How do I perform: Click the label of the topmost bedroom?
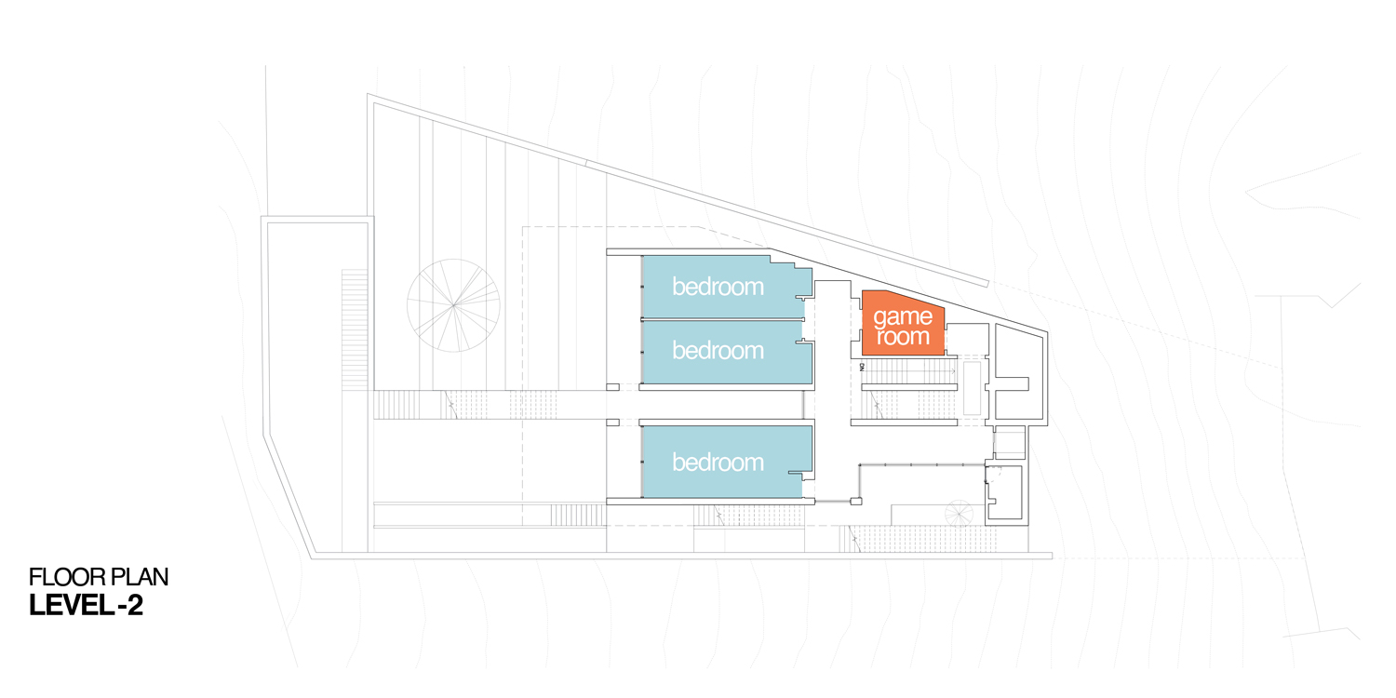click(718, 287)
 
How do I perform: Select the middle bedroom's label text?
click(718, 351)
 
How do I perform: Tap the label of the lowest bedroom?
click(718, 463)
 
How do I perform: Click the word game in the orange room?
click(903, 317)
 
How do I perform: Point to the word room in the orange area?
click(903, 337)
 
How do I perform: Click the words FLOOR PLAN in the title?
click(99, 577)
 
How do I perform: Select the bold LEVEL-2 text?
click(87, 606)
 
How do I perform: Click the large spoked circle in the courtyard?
click(453, 305)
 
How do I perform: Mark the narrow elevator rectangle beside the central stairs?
click(972, 389)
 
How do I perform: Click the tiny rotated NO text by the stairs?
click(863, 368)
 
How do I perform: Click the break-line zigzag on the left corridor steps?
click(450, 405)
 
